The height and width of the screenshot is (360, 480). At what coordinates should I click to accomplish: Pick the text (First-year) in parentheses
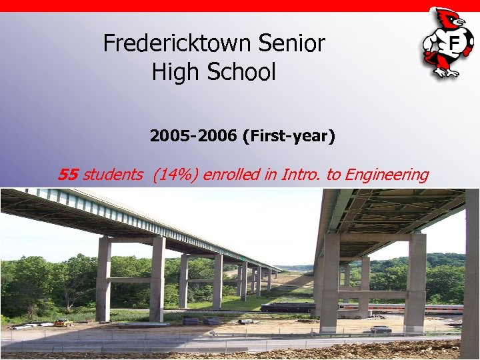coord(289,137)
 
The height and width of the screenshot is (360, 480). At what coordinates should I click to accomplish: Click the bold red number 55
coord(68,175)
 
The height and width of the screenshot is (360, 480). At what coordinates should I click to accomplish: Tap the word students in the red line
coord(113,175)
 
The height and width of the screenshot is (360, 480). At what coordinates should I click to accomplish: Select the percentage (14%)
coord(175,175)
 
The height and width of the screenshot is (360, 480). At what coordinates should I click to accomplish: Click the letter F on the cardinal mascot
coord(455,44)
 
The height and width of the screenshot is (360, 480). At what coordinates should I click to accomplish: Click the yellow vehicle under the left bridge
coord(64,323)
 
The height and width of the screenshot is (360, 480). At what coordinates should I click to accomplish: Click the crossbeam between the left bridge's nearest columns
coord(131,279)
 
